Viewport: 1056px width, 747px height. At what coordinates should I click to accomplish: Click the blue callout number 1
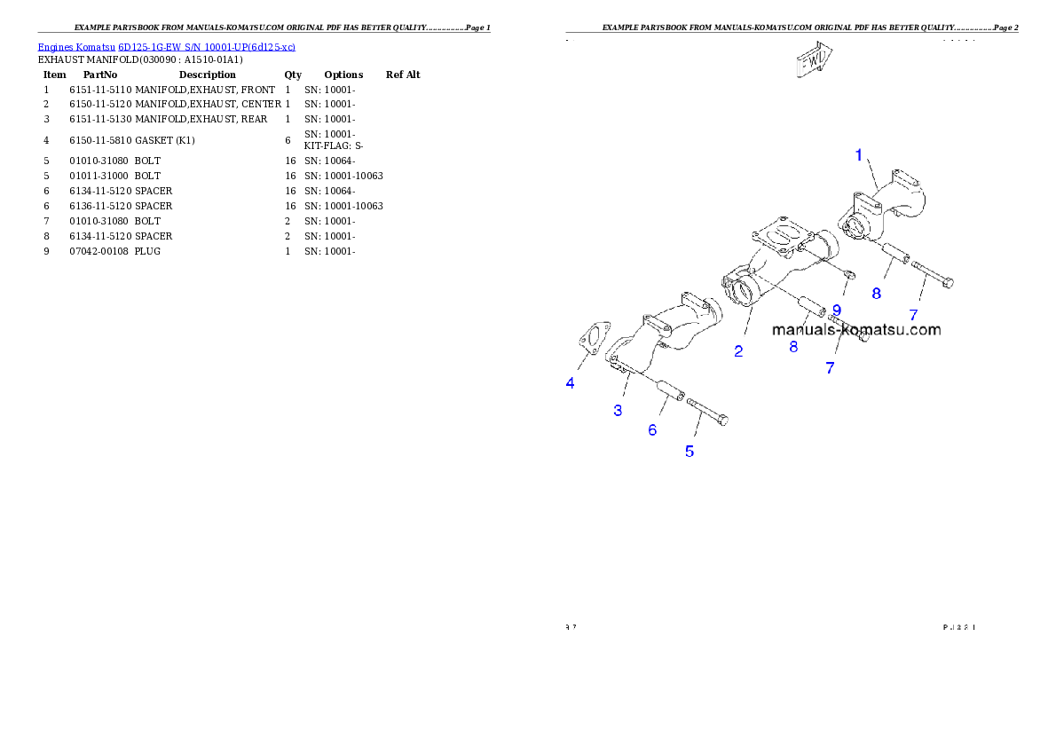858,155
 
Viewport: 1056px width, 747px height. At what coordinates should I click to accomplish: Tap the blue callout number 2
738,351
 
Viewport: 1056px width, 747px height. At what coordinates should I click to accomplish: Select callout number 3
618,410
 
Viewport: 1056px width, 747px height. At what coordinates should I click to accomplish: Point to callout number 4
571,383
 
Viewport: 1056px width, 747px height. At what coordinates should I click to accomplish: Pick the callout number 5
690,452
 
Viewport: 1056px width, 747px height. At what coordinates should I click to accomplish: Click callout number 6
652,430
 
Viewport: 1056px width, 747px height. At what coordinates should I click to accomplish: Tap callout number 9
836,311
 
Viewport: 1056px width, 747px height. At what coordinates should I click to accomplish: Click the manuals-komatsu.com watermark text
856,330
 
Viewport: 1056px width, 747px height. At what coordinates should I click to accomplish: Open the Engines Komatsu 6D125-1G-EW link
166,46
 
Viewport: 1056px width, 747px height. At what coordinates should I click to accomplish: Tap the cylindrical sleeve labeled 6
669,390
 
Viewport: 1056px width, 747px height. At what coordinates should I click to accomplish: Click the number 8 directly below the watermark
793,348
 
